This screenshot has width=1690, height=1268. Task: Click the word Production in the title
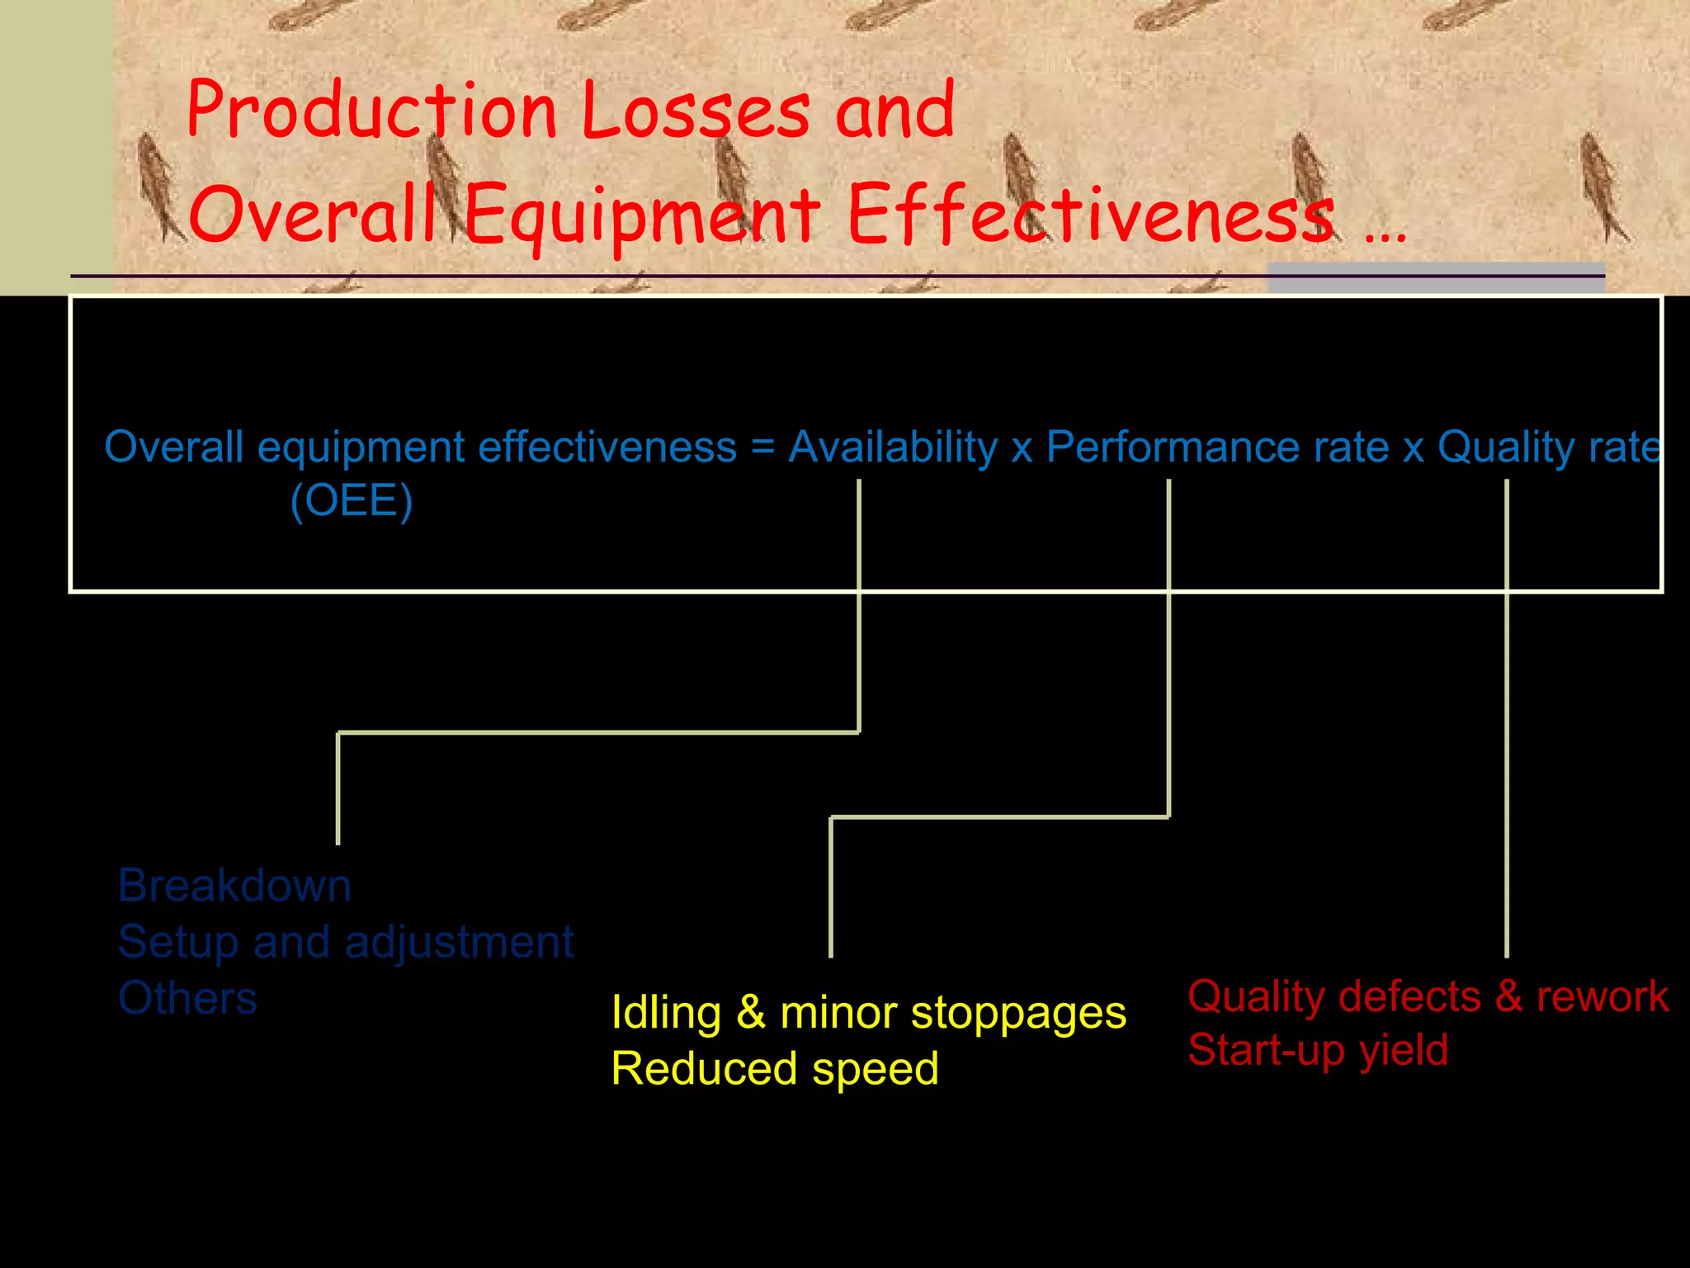(371, 111)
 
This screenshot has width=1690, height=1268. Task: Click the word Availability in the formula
(893, 447)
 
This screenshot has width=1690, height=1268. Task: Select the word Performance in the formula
(1176, 447)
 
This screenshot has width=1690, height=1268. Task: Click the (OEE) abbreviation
(352, 501)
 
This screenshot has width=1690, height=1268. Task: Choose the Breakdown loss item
(234, 886)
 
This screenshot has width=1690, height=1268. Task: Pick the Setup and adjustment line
(345, 942)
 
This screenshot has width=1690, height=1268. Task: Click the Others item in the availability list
(187, 998)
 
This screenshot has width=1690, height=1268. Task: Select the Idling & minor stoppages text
(868, 1013)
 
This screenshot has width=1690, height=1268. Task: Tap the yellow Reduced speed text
(775, 1069)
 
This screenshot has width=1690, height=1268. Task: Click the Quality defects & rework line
(1428, 996)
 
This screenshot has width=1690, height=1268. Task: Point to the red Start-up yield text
(1318, 1051)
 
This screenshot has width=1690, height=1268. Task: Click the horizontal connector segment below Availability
(598, 732)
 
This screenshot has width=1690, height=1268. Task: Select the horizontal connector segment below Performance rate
(999, 817)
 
